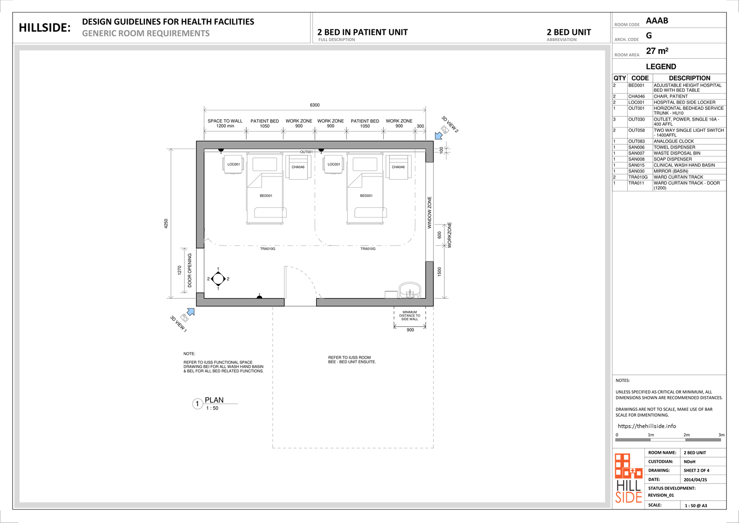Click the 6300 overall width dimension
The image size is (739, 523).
[314, 105]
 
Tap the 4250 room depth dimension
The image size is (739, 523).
[166, 224]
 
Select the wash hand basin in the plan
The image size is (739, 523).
[410, 290]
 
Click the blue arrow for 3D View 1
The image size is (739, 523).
[191, 312]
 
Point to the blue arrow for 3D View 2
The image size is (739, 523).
[439, 135]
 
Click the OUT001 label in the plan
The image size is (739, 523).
[306, 152]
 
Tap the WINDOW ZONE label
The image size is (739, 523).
[429, 212]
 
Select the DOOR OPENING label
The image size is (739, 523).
[190, 270]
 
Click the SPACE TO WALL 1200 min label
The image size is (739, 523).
[225, 123]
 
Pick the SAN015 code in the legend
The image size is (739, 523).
[636, 165]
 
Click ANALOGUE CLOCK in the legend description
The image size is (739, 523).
[674, 141]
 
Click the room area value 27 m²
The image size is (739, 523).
[657, 51]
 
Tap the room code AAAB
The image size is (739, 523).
[657, 21]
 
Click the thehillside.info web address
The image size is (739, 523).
[647, 426]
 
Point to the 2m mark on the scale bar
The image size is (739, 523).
[686, 435]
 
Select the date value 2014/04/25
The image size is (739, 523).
[695, 480]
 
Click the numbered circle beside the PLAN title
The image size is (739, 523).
[197, 404]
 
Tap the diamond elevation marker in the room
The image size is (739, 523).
[218, 279]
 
